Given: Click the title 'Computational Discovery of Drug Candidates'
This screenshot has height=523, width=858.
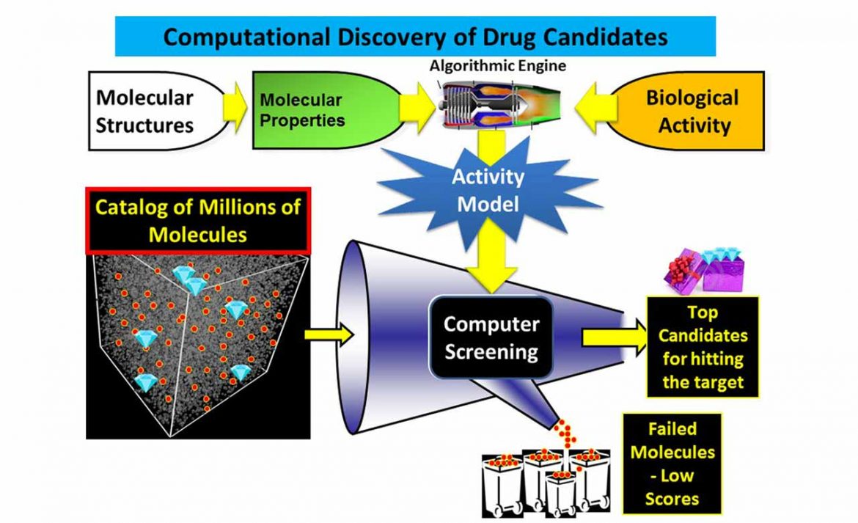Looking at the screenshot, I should [415, 37].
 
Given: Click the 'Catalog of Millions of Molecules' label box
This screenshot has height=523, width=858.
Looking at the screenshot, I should [197, 220].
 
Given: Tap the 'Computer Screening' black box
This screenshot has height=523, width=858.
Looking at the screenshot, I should [491, 337].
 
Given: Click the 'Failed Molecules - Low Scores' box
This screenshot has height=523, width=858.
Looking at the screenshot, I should [672, 464].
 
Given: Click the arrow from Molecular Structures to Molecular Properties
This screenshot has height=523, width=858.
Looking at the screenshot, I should [235, 110].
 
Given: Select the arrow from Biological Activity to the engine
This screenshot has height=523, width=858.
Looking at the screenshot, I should [592, 110].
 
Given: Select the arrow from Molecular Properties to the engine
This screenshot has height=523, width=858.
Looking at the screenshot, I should [420, 110].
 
